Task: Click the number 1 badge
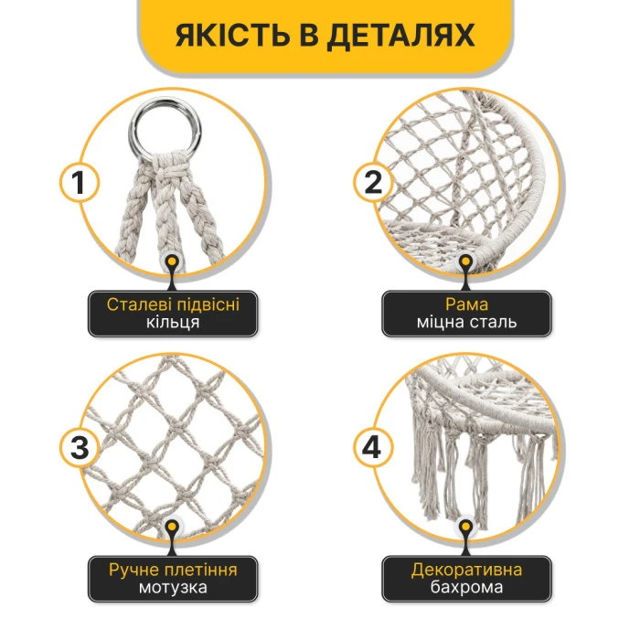tap(80, 183)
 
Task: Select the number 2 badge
tap(372, 183)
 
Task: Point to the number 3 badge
tap(80, 448)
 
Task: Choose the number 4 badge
tap(372, 448)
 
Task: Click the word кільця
tap(173, 323)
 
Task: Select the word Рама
tap(466, 304)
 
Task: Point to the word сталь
tap(498, 323)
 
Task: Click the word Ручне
tap(133, 571)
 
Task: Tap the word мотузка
tap(173, 589)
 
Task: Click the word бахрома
tap(466, 589)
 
